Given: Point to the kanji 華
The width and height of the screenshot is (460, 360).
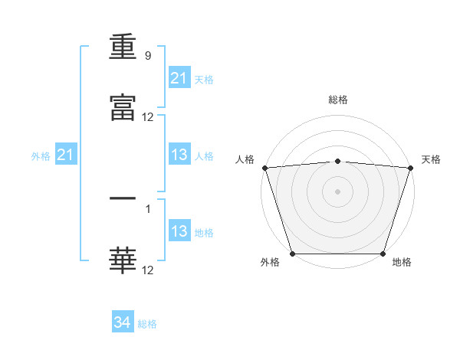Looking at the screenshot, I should tap(123, 260).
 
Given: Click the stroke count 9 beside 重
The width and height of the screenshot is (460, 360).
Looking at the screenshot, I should tap(147, 56).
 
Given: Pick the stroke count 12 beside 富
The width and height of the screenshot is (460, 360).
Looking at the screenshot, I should tap(148, 117).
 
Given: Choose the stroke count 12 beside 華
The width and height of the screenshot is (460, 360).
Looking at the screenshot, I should tap(148, 270).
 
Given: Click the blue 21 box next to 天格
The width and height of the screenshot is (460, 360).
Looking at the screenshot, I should tap(179, 78).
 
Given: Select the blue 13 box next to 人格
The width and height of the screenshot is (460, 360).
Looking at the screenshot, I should tap(179, 155).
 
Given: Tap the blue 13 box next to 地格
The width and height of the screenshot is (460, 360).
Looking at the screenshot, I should tap(179, 231).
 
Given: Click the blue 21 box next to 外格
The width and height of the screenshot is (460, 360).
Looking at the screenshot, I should tap(66, 155).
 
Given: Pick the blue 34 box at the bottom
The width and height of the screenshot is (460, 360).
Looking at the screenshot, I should tap(123, 322).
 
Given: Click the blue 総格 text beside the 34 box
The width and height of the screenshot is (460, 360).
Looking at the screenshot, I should tap(147, 324).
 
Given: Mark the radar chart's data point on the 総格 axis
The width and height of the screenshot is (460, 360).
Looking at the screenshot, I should tap(337, 161).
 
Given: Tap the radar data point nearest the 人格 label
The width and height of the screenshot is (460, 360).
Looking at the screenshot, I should tap(264, 168).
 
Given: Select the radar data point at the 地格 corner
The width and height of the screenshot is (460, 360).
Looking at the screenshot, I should tap(383, 254).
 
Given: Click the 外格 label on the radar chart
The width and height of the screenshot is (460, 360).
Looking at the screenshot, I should tap(270, 263).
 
